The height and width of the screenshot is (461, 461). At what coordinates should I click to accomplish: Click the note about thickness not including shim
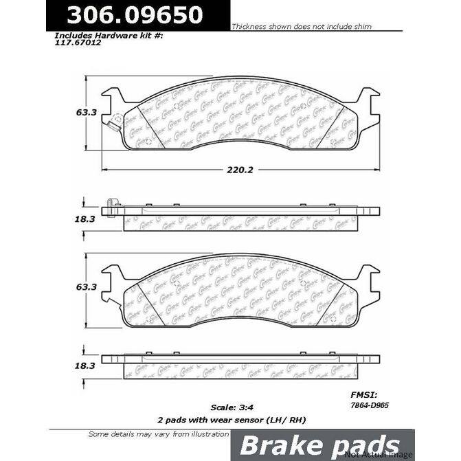click(x=301, y=27)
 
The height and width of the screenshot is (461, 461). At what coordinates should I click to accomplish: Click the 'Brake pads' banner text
click(x=319, y=445)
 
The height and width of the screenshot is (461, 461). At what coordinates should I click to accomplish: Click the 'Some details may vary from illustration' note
click(x=159, y=434)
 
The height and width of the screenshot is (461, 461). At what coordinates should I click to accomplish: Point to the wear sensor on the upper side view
click(x=111, y=204)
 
